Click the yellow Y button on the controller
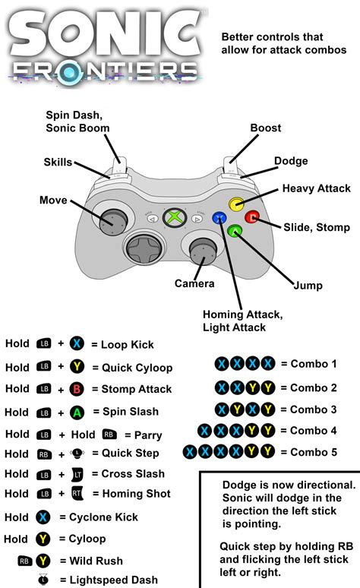236,204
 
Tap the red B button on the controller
252,218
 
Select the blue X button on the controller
219,218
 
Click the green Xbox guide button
175,218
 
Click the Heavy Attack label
316,188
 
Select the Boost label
266,128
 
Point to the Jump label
308,286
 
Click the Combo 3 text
314,409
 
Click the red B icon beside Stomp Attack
77,389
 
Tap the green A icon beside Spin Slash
77,412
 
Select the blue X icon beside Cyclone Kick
43,517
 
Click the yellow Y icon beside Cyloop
43,539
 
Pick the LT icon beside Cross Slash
77,474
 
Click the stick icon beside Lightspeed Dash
43,580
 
